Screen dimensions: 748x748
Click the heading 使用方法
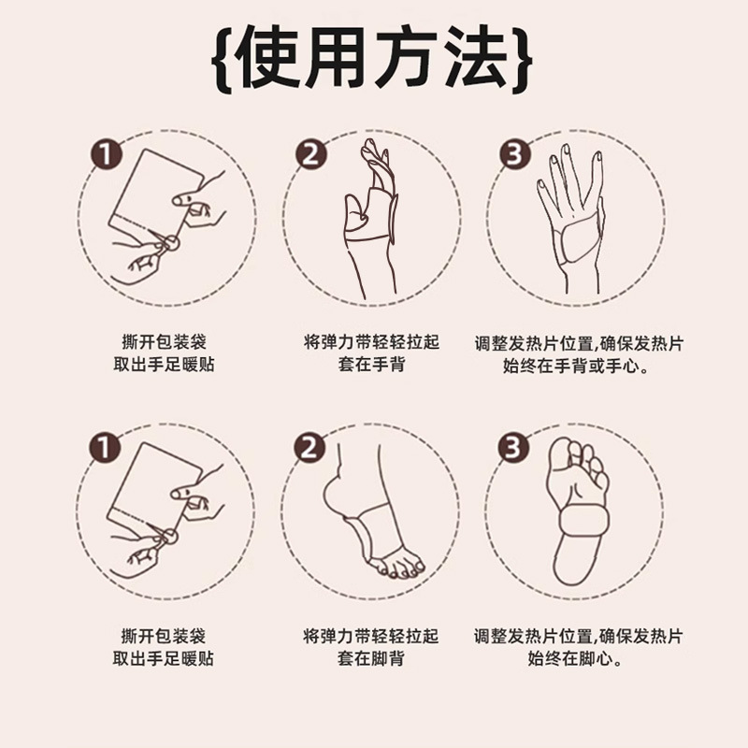click(x=374, y=58)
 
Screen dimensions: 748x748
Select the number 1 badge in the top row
click(x=108, y=153)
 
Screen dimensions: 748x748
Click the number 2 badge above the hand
click(x=311, y=153)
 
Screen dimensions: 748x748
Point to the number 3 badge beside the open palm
click(x=513, y=153)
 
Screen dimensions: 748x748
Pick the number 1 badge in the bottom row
click(x=108, y=447)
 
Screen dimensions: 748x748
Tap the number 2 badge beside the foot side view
click(x=311, y=447)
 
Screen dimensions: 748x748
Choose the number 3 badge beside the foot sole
click(x=513, y=447)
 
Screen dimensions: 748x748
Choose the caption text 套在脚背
click(x=371, y=659)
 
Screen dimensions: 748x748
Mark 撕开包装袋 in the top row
click(x=164, y=342)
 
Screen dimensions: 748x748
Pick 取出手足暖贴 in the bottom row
click(x=164, y=659)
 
